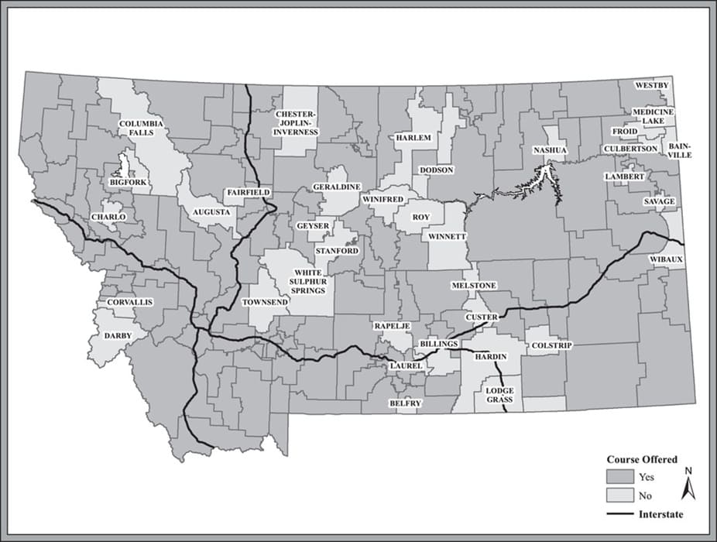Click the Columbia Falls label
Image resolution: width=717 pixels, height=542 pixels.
(x=141, y=128)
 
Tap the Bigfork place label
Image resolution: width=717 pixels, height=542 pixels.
(x=128, y=182)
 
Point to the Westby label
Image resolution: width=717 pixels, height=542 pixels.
(x=653, y=84)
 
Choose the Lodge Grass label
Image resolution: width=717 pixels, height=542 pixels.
(x=501, y=396)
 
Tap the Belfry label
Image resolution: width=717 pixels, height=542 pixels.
(x=406, y=403)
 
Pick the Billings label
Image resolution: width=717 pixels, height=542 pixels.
(x=439, y=342)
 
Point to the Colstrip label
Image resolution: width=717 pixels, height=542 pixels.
(x=551, y=345)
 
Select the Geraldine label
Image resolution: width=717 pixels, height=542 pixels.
(x=336, y=187)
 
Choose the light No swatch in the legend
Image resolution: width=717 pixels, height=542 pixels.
(x=619, y=496)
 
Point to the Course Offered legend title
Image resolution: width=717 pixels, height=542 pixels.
(x=641, y=459)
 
